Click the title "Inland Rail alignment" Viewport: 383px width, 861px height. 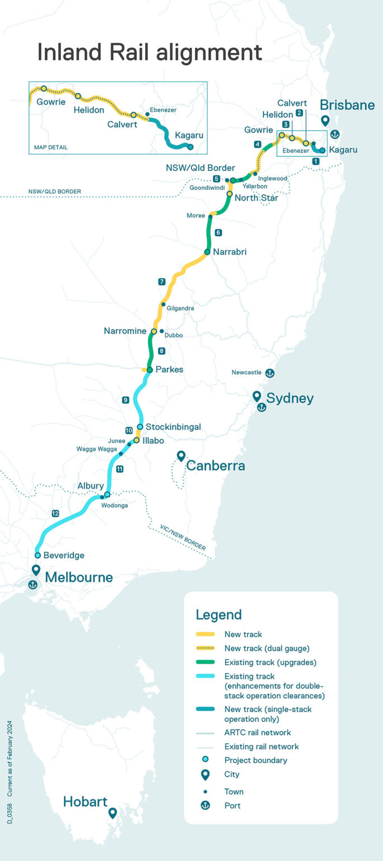[x=149, y=52]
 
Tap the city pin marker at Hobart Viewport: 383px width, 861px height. [x=113, y=812]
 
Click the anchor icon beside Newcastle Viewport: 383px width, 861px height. [x=269, y=373]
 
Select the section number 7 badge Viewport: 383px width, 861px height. [x=162, y=281]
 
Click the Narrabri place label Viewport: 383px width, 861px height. [x=230, y=252]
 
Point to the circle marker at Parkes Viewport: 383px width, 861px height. [x=150, y=370]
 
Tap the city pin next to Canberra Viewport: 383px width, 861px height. [x=181, y=456]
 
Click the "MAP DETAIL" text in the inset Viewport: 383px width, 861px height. [x=51, y=147]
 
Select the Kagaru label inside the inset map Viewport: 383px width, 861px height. [x=189, y=135]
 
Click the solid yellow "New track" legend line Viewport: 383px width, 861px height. [x=205, y=635]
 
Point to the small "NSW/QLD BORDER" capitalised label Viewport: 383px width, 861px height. [x=55, y=192]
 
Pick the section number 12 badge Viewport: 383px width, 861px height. [x=55, y=513]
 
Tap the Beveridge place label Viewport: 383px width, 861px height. [x=64, y=556]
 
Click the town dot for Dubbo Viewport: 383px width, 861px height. [x=162, y=331]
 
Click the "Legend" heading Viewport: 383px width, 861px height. [x=218, y=614]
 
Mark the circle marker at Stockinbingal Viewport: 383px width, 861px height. [x=140, y=427]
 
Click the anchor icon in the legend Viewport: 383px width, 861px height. [x=205, y=806]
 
